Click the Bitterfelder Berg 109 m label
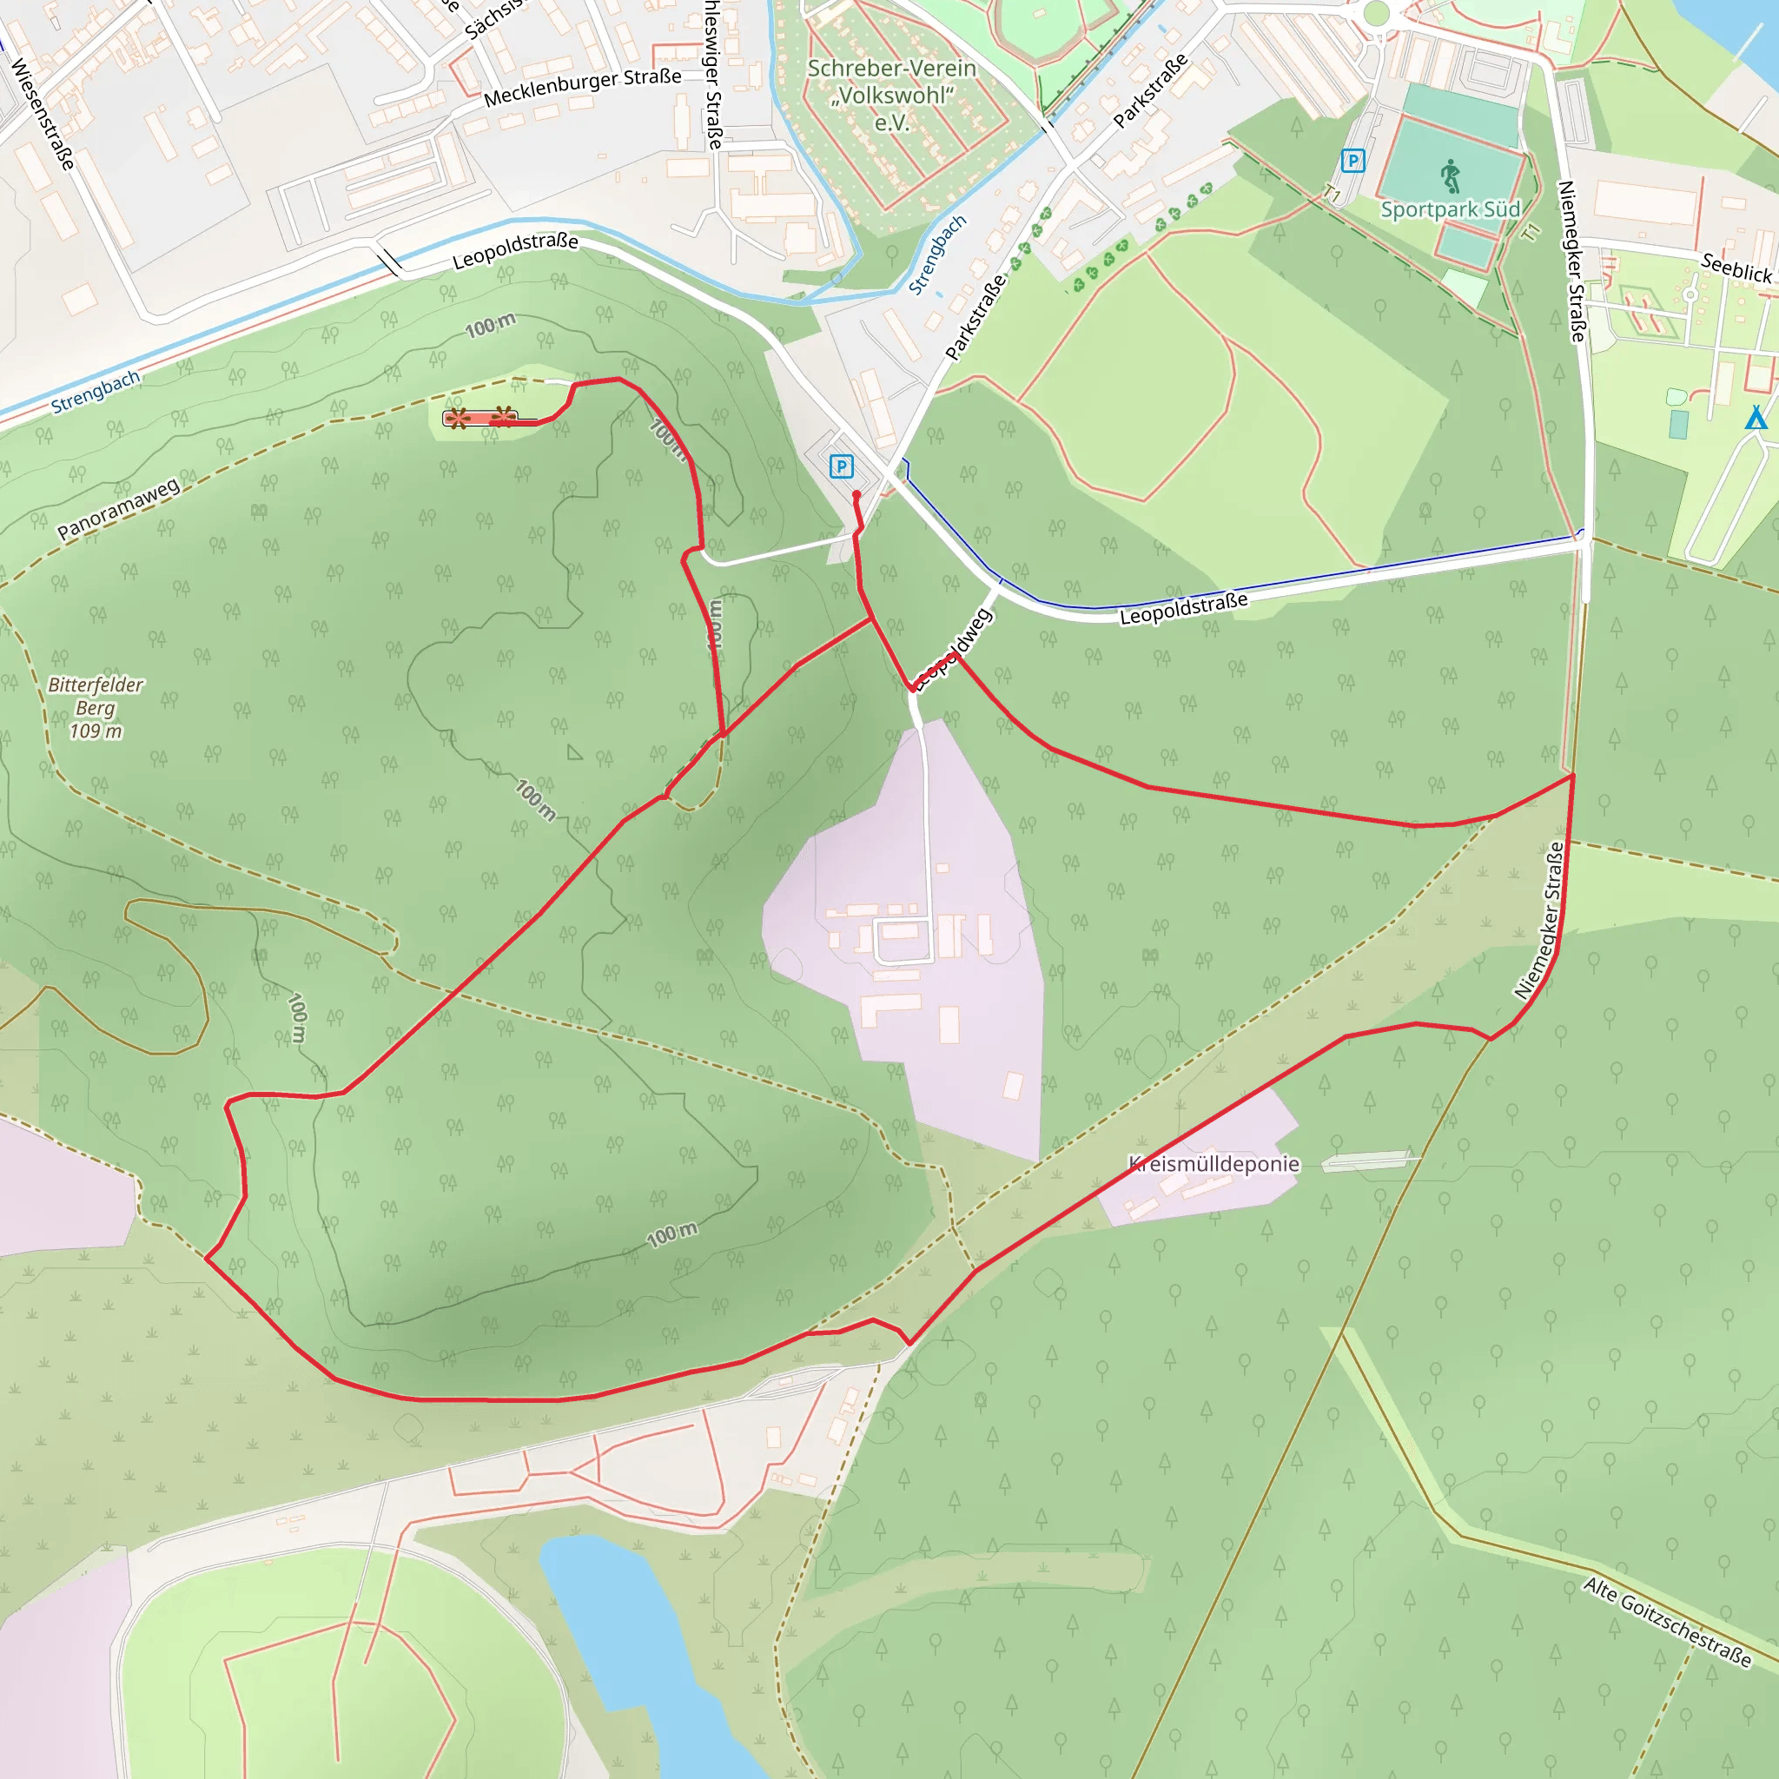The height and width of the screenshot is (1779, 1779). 96,707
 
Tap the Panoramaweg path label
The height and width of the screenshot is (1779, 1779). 119,508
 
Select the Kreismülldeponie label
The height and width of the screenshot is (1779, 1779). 1214,1164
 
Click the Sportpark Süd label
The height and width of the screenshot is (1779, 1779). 1451,209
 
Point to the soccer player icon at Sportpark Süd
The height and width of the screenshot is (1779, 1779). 1452,175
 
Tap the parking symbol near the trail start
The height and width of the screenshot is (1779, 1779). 841,466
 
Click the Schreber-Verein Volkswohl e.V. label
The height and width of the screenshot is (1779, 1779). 891,95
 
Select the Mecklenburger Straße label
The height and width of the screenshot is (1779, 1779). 582,87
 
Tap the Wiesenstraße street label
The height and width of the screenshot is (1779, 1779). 43,114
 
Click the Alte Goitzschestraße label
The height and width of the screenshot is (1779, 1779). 1667,1622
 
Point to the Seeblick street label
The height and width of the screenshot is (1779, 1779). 1736,268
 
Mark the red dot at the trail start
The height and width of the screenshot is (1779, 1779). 856,494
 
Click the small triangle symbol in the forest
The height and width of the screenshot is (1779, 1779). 574,752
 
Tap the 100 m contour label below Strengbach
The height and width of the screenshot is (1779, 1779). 490,325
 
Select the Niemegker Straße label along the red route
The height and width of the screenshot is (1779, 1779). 1540,920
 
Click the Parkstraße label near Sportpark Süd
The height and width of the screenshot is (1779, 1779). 1150,90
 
